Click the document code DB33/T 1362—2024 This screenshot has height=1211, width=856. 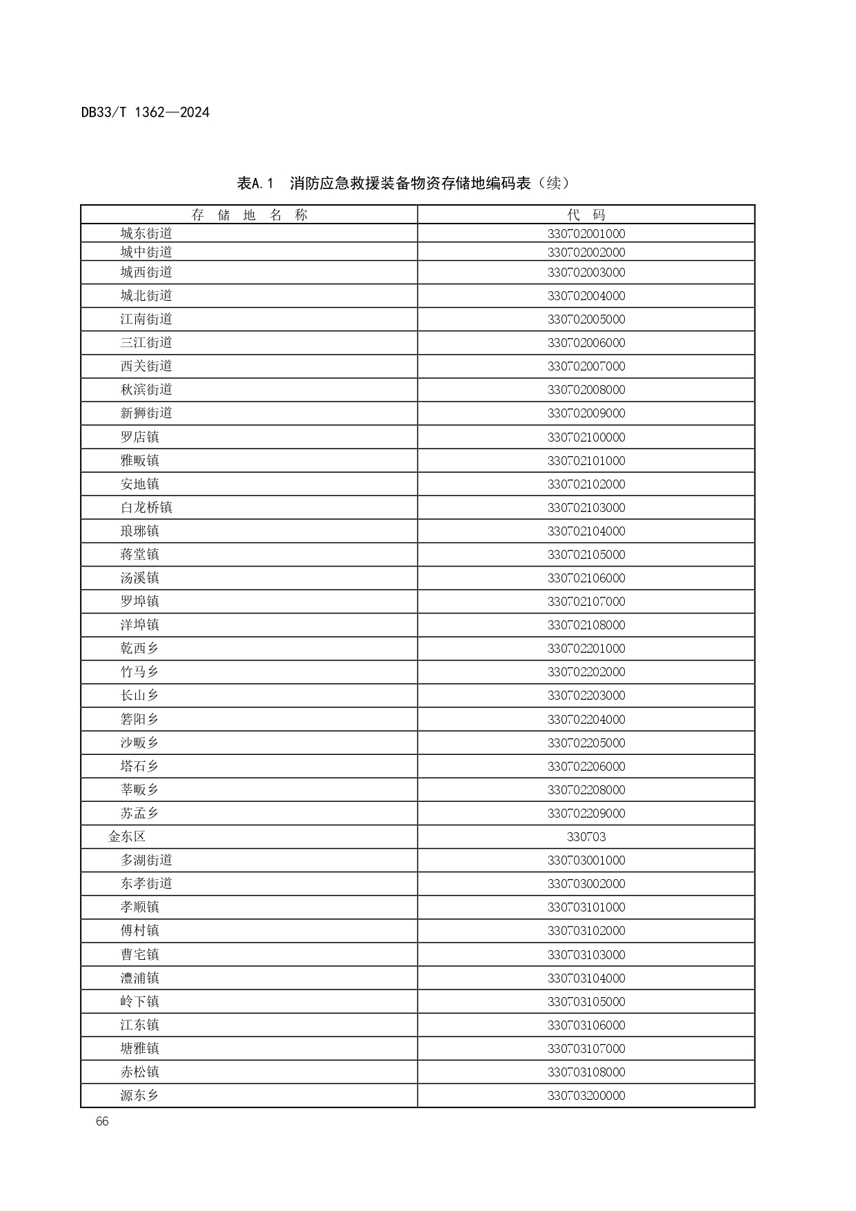click(x=145, y=112)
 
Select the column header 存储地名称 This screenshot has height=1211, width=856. click(x=249, y=215)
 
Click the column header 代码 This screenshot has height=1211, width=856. click(x=586, y=215)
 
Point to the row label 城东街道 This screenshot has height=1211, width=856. click(x=146, y=234)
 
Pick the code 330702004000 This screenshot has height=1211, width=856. click(x=586, y=296)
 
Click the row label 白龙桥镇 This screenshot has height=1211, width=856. click(x=146, y=508)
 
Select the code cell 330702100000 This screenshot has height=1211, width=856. click(x=586, y=437)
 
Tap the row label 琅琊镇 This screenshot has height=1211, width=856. click(x=139, y=531)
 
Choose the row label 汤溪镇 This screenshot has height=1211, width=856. click(x=139, y=578)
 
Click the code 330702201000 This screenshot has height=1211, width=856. click(x=586, y=649)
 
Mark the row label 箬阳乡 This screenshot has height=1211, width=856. click(x=139, y=720)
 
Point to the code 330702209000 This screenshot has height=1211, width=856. click(x=586, y=814)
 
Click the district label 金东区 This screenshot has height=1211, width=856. click(x=127, y=837)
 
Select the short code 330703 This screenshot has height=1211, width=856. click(x=586, y=837)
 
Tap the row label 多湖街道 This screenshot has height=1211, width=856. click(x=146, y=860)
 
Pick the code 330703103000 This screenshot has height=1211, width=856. click(x=586, y=955)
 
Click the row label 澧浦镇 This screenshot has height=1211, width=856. click(x=139, y=978)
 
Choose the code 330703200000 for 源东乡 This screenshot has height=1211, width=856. click(x=586, y=1096)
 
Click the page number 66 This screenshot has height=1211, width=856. click(x=102, y=1121)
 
